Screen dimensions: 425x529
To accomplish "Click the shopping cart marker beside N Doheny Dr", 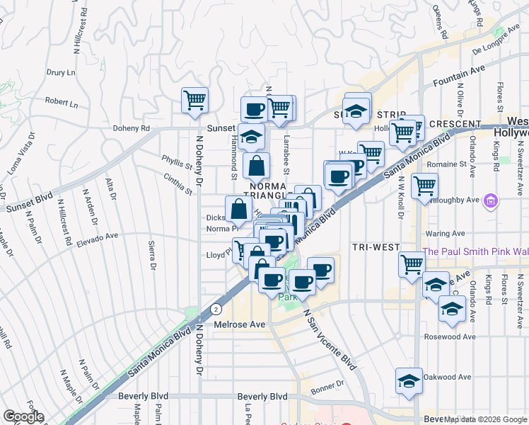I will click(x=194, y=100).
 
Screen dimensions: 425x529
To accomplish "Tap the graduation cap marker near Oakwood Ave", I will click(x=409, y=380).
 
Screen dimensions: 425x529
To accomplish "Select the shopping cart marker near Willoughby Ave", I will click(x=424, y=186).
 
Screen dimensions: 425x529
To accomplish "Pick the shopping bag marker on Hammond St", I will click(x=256, y=166).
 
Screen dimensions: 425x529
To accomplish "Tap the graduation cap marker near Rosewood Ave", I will click(x=451, y=308).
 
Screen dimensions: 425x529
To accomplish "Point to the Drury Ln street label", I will click(x=61, y=72).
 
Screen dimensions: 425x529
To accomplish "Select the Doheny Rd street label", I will click(x=132, y=129).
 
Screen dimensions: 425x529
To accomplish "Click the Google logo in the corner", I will click(x=23, y=416).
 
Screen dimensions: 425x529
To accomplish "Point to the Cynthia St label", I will click(x=178, y=185).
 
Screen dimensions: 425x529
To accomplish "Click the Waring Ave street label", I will click(x=445, y=233).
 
